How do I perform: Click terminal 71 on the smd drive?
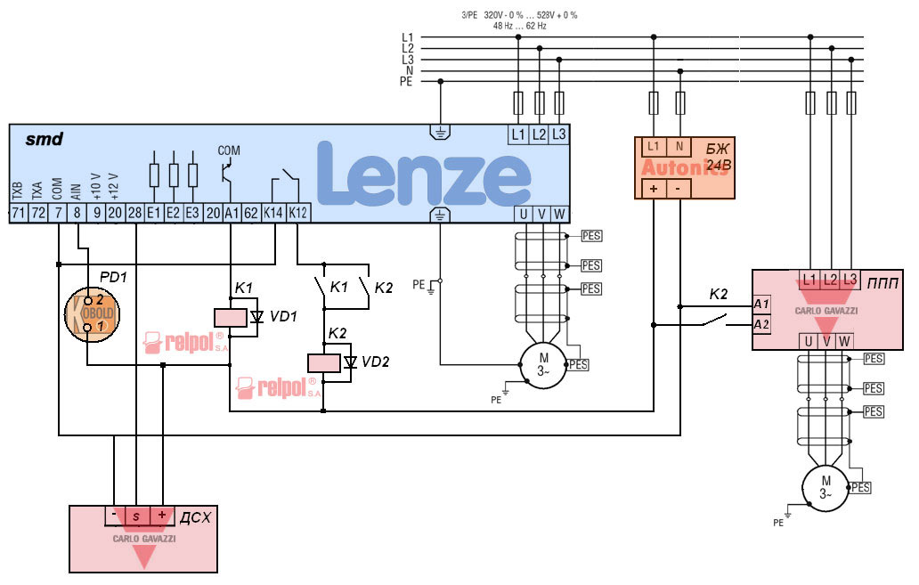click(17, 213)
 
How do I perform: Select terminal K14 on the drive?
click(272, 213)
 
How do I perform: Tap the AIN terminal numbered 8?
click(77, 213)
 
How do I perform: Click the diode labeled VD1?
click(257, 316)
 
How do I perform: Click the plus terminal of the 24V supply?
click(654, 189)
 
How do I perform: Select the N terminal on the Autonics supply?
click(679, 146)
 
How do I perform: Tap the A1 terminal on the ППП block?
click(761, 305)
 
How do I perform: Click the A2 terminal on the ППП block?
click(761, 324)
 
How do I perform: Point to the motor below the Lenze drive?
click(543, 365)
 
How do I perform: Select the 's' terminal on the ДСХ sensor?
click(135, 516)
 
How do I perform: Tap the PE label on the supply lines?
click(408, 81)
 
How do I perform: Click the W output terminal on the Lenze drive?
click(559, 214)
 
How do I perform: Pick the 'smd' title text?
click(44, 139)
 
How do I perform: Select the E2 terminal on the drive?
click(173, 213)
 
